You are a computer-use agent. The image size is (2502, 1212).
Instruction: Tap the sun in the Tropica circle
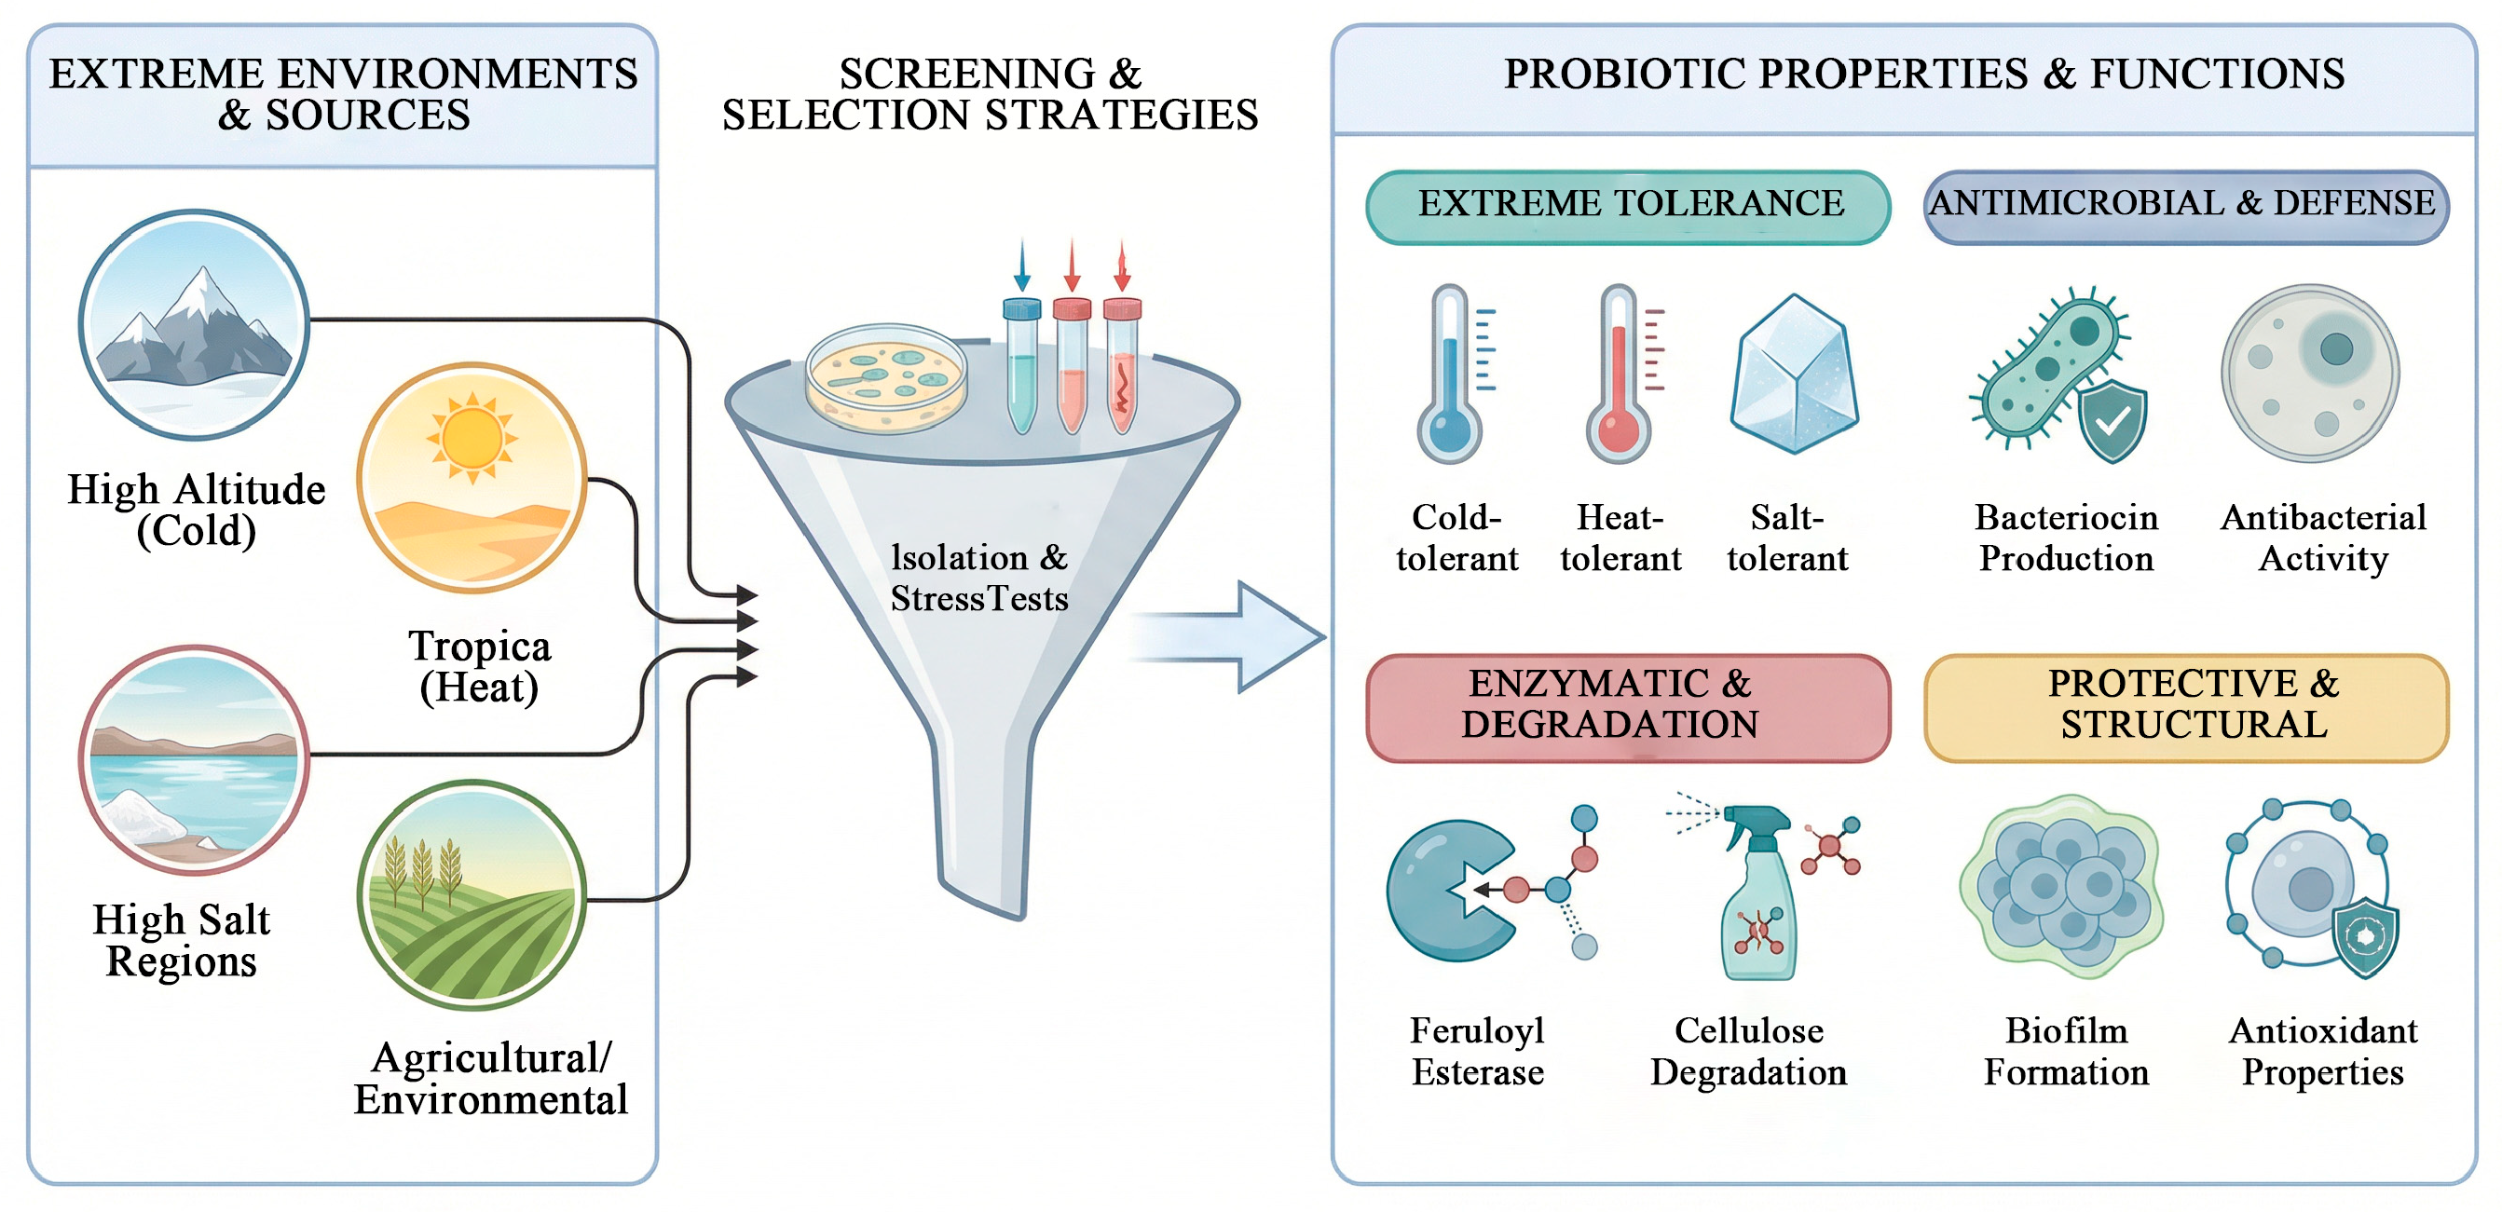click(472, 438)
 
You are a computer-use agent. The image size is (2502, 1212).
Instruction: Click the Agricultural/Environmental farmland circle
click(472, 894)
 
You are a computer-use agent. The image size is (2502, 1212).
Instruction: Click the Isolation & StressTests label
click(979, 578)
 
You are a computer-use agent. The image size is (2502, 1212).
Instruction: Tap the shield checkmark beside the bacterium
click(2112, 420)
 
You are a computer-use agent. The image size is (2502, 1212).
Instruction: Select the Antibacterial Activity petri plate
click(2310, 373)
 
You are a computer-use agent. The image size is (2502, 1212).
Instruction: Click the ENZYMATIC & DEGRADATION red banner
click(1628, 707)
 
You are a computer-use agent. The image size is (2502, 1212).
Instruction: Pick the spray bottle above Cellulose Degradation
click(1758, 898)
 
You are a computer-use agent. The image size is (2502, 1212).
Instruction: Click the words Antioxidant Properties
click(2322, 1052)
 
